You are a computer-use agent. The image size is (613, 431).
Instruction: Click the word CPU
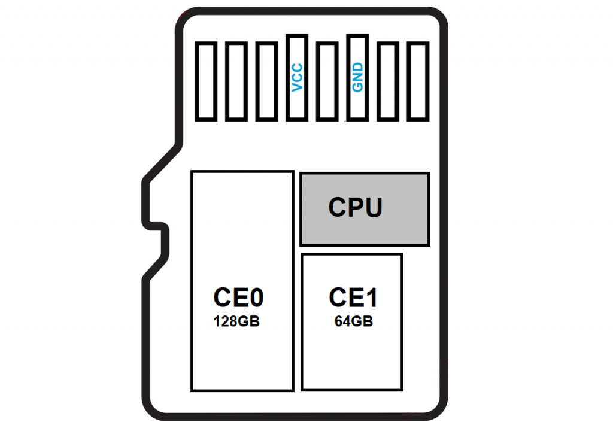tap(355, 207)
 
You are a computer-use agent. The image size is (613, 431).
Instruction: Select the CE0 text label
tap(238, 297)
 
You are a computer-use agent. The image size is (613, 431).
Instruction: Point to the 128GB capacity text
tap(236, 321)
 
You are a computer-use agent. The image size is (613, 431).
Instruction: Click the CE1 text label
tap(353, 298)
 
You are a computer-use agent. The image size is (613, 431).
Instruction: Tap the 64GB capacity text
tap(353, 321)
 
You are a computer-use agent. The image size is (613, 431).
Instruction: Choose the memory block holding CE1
tap(352, 359)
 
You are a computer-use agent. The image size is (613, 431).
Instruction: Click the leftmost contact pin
tap(206, 81)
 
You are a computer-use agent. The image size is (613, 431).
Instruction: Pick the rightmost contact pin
tap(418, 81)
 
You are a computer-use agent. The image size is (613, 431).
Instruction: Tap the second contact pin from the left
tap(236, 81)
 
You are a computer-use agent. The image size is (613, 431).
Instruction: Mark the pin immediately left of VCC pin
tap(266, 81)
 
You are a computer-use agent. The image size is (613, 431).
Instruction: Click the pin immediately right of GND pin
tap(388, 81)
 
